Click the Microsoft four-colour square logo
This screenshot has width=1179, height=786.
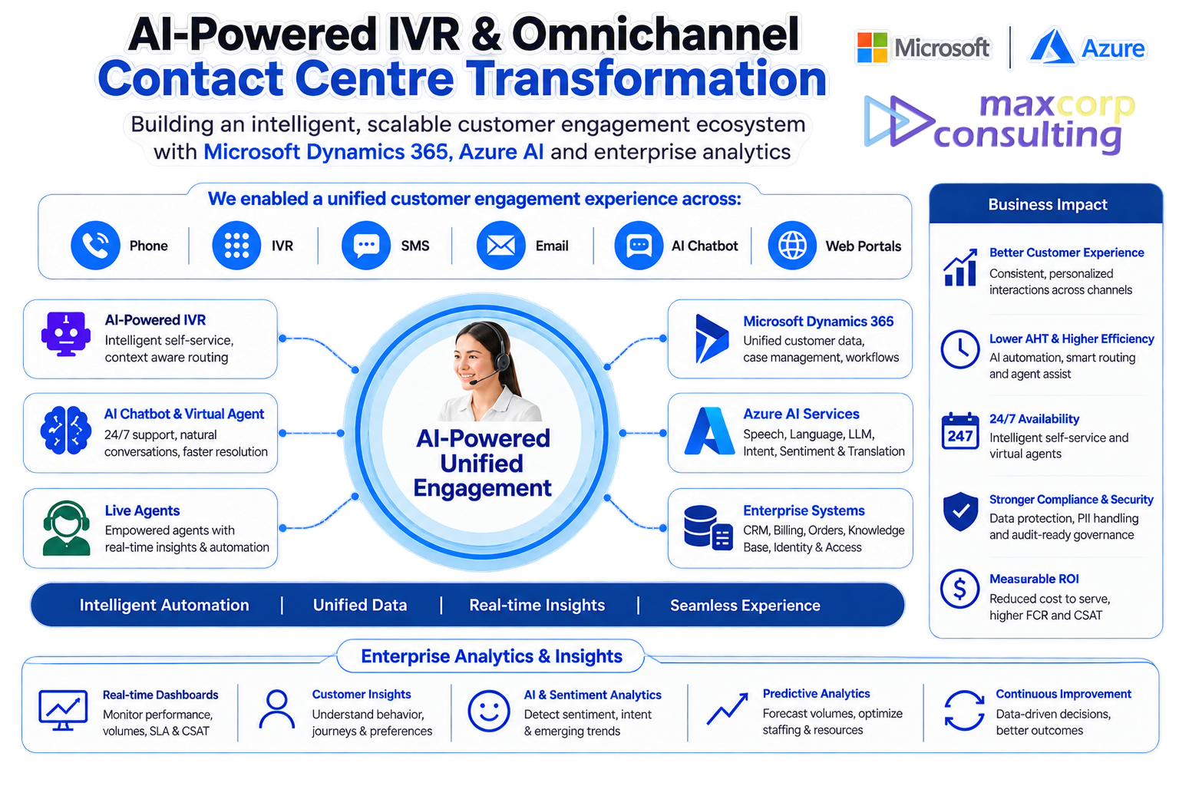pos(872,48)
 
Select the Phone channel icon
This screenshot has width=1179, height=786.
pos(95,246)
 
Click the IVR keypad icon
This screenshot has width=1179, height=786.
pos(236,246)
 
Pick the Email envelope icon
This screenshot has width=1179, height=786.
pos(500,246)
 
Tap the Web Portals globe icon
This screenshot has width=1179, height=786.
pos(792,246)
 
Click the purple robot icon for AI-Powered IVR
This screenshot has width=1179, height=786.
pos(66,335)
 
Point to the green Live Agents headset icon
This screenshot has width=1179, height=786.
pos(66,528)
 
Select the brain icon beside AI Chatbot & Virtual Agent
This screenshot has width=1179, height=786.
pos(65,430)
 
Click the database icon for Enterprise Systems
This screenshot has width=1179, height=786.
pos(708,527)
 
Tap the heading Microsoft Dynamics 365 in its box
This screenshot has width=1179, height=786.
pos(818,321)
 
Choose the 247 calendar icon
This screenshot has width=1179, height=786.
pos(960,431)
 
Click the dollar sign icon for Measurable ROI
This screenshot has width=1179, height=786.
pos(960,589)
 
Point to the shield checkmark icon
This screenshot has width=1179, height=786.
pos(960,511)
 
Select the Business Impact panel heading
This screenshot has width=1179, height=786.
pos(1048,204)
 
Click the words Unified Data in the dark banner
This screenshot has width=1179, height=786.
pos(360,605)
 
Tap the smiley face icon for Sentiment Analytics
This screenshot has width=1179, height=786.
pos(488,712)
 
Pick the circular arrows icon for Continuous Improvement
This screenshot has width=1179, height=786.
pos(964,710)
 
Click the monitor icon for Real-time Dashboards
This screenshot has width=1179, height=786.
pos(63,710)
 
